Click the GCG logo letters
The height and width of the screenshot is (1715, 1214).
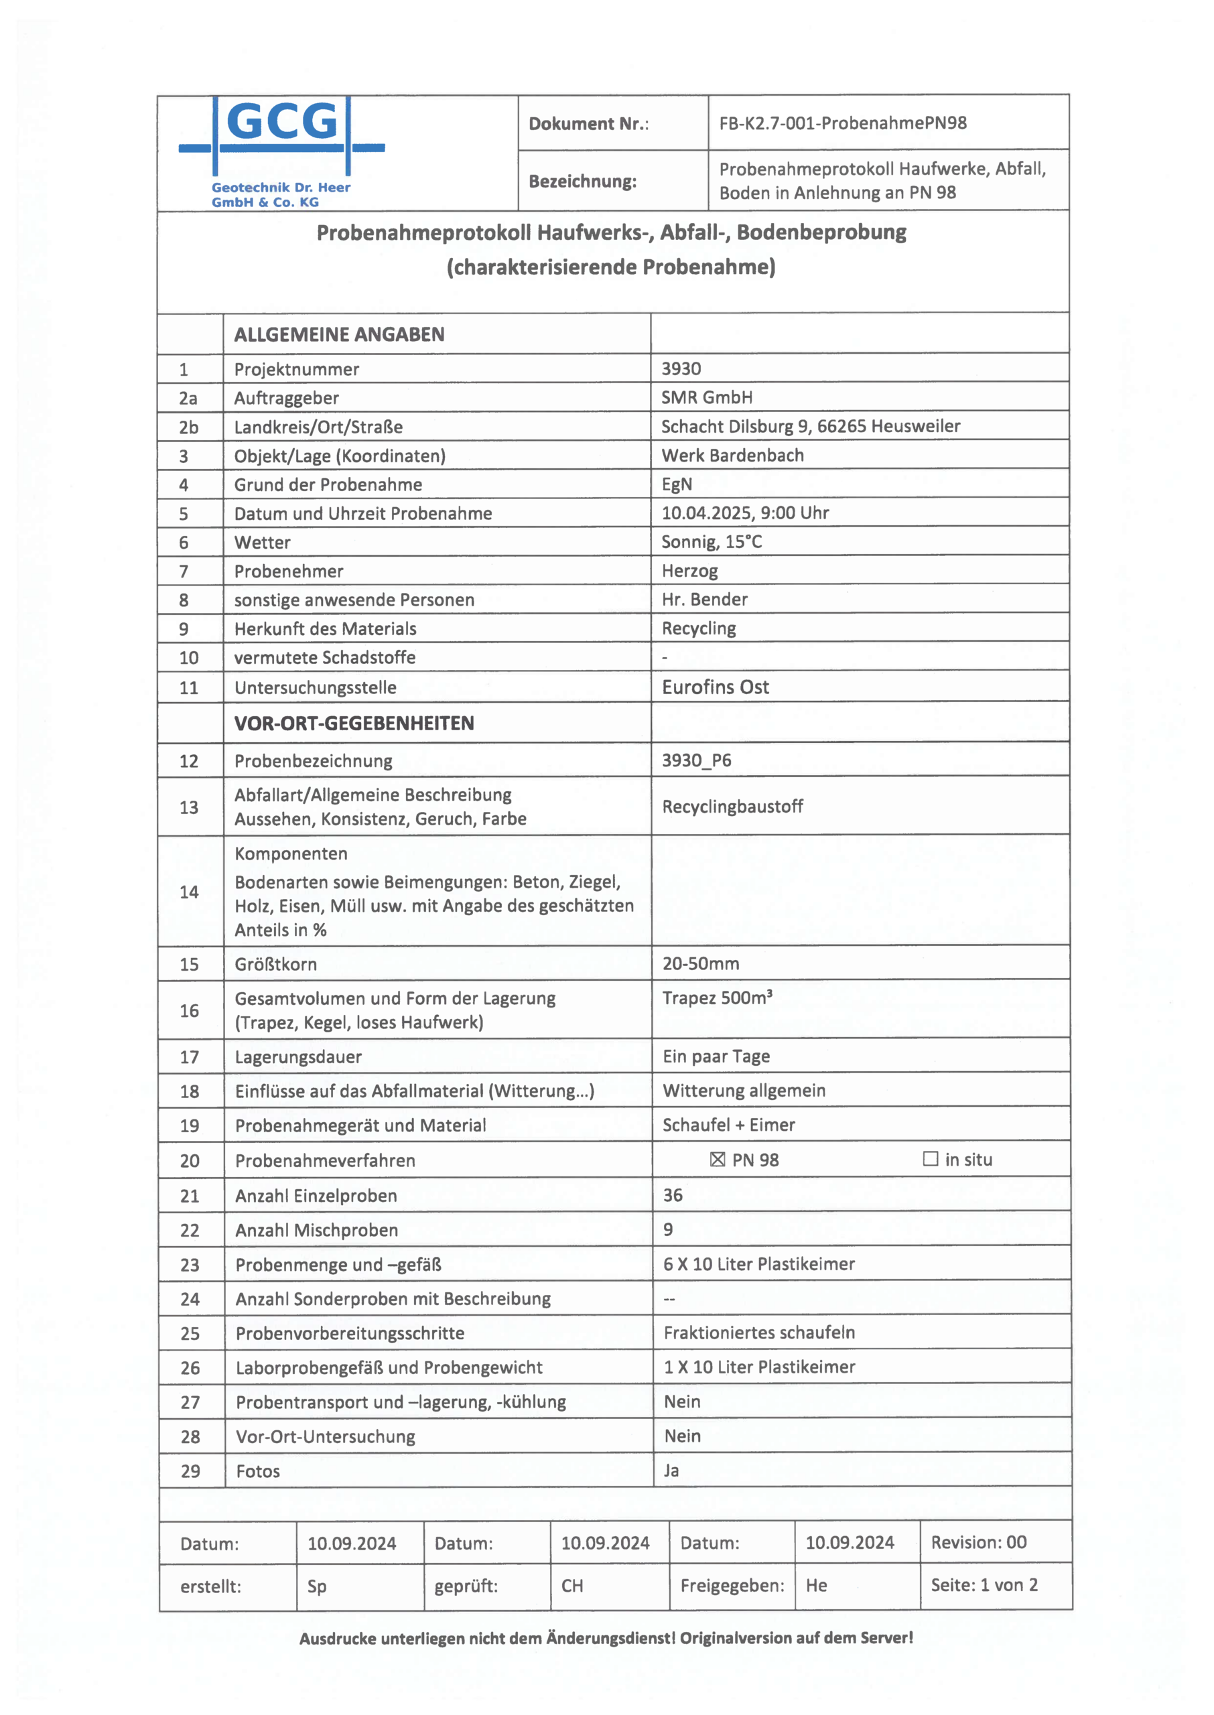pos(281,122)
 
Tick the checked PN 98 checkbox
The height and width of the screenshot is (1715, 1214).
pos(718,1159)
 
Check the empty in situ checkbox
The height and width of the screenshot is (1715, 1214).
pos(930,1158)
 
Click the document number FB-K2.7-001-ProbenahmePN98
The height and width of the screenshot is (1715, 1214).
pos(842,123)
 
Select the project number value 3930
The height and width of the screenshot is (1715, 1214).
pos(681,368)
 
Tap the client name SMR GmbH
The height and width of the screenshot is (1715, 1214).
pos(706,397)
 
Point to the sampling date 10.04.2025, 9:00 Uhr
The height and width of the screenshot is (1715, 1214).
pos(744,512)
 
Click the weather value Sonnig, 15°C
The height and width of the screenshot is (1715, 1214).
pos(711,542)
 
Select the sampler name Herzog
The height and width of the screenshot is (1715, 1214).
pos(689,571)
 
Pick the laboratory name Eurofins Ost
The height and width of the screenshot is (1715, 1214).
pos(715,687)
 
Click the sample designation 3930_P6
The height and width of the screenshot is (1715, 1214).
pos(696,760)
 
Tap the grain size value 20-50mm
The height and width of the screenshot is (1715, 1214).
pos(700,963)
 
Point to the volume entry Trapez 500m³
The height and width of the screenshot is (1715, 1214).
pos(717,998)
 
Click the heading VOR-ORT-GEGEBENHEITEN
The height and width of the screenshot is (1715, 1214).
pos(354,723)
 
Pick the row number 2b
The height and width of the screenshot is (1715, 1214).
pos(188,427)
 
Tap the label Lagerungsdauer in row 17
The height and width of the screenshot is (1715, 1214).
pos(297,1056)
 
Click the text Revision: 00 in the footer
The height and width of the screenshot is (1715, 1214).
pos(979,1542)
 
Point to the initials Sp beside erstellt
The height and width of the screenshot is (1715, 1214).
pos(316,1586)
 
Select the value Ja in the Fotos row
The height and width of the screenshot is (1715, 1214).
pos(671,1470)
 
